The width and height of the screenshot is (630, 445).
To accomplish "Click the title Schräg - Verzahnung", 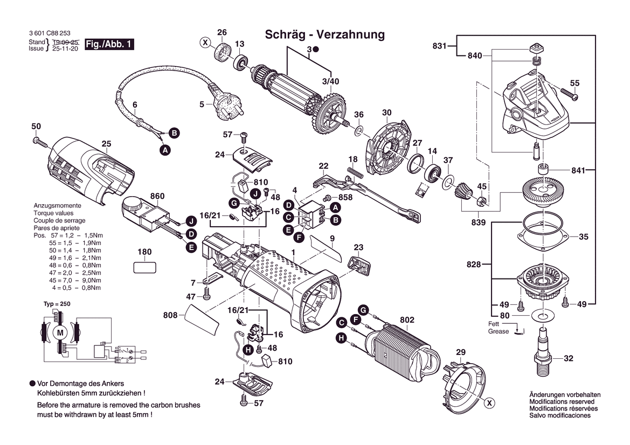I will (x=325, y=34).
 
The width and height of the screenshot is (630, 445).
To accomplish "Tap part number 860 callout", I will (x=157, y=196).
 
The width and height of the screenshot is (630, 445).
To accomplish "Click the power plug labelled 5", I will (x=226, y=107).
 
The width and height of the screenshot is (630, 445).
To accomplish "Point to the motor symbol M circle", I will (x=60, y=333).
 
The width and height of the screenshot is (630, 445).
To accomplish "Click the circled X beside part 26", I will (x=205, y=41).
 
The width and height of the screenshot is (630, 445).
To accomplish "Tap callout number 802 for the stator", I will (x=407, y=320).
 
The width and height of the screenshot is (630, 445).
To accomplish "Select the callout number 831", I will (x=440, y=46).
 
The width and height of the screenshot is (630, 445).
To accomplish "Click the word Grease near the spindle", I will (x=499, y=331).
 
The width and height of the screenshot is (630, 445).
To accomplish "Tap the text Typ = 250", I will (x=57, y=304).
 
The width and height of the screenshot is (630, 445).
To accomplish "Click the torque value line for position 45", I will (x=75, y=280).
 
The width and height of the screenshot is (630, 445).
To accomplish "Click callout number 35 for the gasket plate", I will (x=584, y=237).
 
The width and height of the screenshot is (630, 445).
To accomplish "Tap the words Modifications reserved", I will (x=562, y=402).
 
